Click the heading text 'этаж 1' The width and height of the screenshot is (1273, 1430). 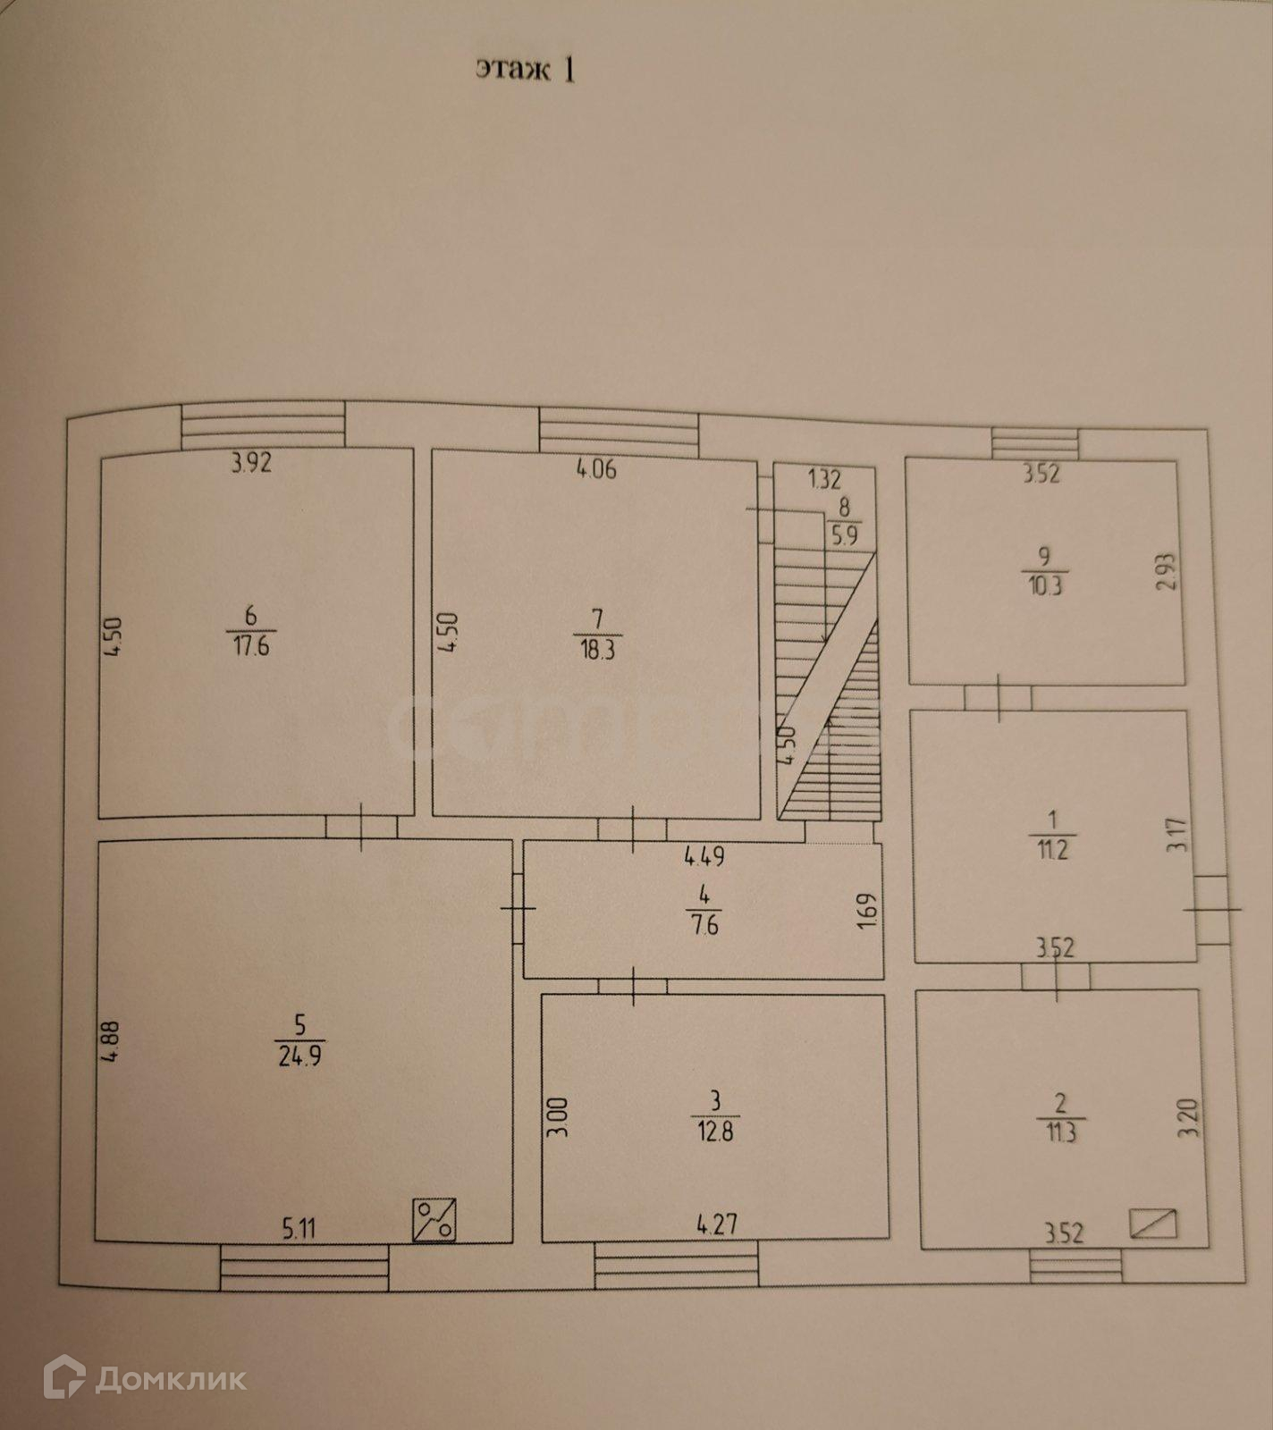tap(525, 70)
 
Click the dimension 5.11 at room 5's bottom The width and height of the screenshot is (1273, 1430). tap(300, 1230)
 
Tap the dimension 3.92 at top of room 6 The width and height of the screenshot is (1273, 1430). tap(251, 464)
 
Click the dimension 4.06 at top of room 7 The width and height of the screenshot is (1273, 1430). tap(596, 469)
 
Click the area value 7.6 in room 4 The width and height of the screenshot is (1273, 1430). tap(705, 924)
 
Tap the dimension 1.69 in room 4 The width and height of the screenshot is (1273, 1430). tap(866, 911)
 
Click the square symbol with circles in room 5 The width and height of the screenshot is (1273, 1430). tap(434, 1220)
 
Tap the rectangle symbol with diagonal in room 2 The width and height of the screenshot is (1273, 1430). tap(1153, 1223)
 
